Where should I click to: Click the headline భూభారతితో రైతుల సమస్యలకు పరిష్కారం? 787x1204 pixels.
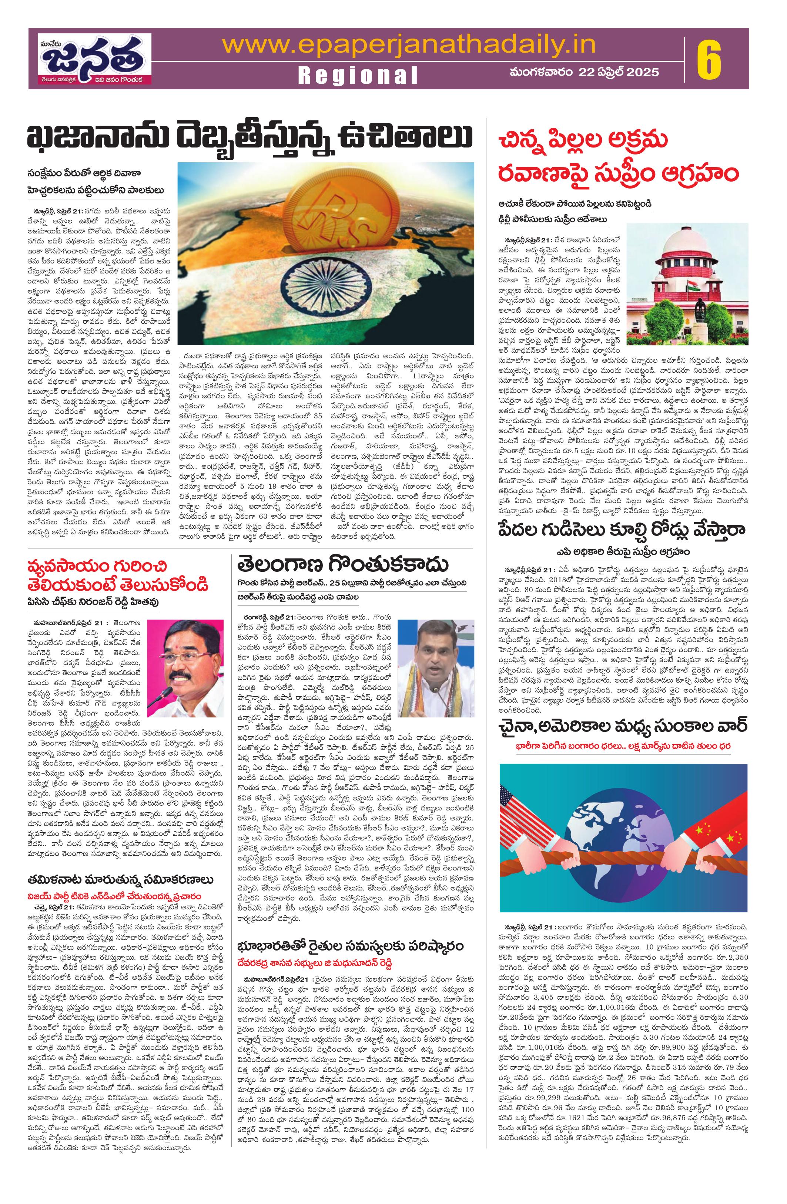[x=352, y=946]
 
